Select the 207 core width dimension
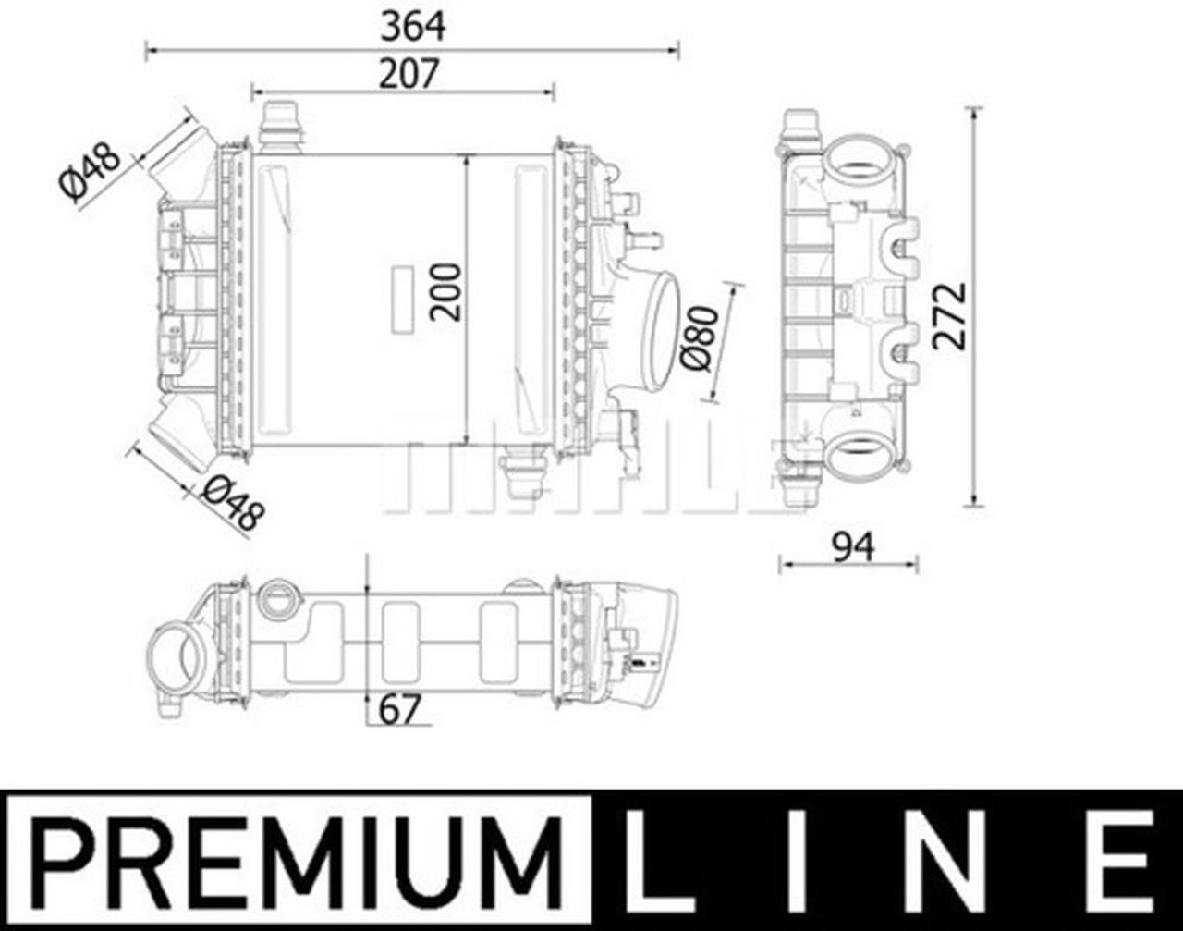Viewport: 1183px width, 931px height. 408,74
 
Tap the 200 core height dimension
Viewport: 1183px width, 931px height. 446,292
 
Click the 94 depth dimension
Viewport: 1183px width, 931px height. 852,548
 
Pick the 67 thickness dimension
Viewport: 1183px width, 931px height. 400,710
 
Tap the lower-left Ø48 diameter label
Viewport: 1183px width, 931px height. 232,503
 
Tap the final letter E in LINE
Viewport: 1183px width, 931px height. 1122,860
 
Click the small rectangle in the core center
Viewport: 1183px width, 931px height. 403,300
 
